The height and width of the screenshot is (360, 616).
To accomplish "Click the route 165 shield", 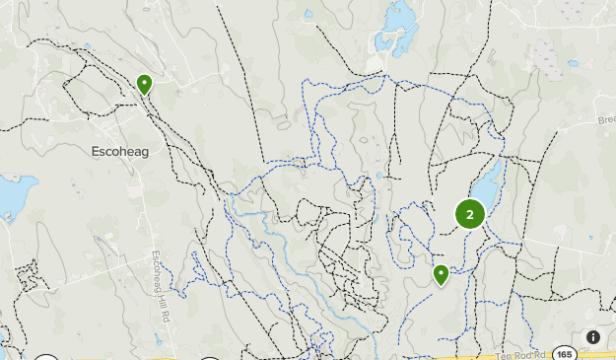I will tap(563, 353).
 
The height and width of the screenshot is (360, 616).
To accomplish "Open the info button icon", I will tap(592, 337).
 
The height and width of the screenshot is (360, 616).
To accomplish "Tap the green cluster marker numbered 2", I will tap(469, 214).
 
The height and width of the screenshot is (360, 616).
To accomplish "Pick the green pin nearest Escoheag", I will tap(145, 84).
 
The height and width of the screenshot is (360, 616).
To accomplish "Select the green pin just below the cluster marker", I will tap(441, 274).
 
